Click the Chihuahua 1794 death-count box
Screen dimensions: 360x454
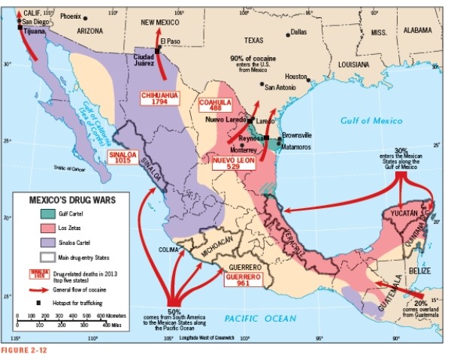(159, 98)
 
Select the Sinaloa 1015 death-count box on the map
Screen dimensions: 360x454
(123, 156)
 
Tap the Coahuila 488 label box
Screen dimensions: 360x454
(215, 105)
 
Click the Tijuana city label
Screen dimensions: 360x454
(35, 31)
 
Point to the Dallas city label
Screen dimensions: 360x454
(299, 32)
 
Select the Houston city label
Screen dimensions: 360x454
(296, 77)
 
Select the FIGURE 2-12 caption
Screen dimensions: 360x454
(24, 352)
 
